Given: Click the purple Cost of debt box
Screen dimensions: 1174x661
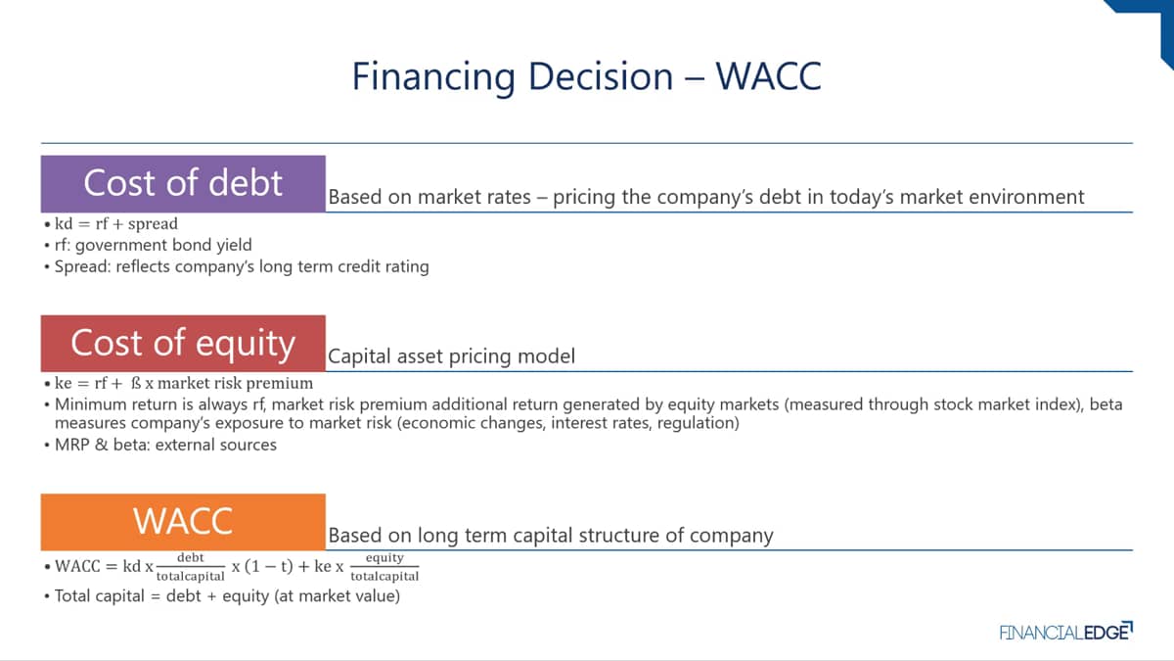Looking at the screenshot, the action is tap(183, 184).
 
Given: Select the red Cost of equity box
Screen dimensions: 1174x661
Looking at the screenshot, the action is tap(183, 343).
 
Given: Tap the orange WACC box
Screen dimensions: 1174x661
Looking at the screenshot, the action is tap(183, 522).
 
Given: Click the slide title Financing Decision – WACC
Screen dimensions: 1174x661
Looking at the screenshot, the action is tap(586, 77).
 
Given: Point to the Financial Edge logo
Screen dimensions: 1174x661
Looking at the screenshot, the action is tap(1066, 632).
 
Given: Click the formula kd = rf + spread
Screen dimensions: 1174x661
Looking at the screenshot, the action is tap(115, 224).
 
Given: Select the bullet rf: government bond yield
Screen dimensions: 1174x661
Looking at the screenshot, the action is tap(153, 245).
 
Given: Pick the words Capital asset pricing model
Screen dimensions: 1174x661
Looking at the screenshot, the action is tap(451, 356).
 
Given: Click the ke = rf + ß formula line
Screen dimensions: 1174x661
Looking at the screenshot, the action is tap(184, 384).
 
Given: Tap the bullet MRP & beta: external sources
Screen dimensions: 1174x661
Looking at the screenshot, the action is tap(165, 445).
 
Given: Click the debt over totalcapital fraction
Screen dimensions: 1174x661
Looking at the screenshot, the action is tap(190, 567).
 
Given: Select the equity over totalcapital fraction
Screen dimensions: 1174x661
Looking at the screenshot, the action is tap(384, 567).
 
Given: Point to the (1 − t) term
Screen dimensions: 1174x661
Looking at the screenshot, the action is tap(268, 567).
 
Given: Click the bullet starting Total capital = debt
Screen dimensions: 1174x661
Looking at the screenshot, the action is tap(227, 596).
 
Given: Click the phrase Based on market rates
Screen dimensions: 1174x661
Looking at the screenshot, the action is tap(429, 197).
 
